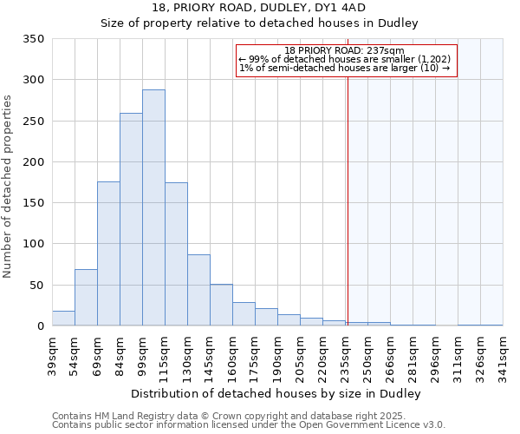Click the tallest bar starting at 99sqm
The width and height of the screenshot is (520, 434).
[153, 208]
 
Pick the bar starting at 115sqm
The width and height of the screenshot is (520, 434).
[176, 254]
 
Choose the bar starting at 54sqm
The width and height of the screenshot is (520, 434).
[86, 298]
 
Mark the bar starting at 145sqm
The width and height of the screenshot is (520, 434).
[221, 305]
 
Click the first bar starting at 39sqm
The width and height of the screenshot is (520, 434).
[63, 319]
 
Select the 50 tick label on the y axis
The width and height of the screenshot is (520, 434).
[37, 285]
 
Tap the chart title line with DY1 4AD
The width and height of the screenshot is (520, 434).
[260, 9]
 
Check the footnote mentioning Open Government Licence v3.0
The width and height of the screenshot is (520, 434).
[249, 425]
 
